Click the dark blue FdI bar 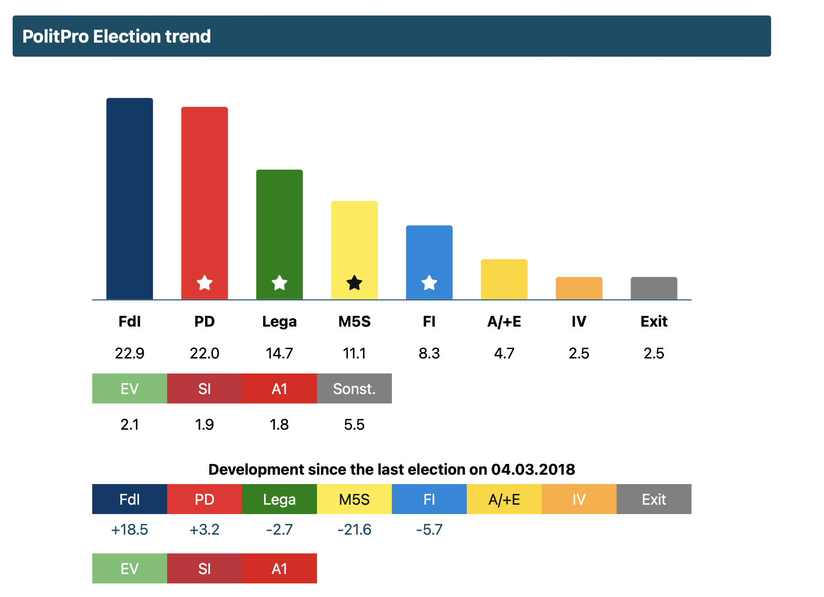pos(130,199)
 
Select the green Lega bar pos(280,234)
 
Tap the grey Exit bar pos(654,288)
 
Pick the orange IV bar pos(579,288)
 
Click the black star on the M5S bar pos(354,283)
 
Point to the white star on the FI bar pos(429,283)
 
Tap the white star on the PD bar pos(205,283)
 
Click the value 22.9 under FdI pos(130,353)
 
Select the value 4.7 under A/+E pos(504,353)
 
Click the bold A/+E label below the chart pos(504,321)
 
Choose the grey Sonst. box pos(354,388)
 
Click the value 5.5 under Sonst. pos(354,425)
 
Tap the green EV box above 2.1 pos(130,388)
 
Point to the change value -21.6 pos(354,530)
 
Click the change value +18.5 pos(130,530)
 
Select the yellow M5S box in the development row pos(354,499)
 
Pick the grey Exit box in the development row pos(654,499)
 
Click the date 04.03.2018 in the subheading pos(533,469)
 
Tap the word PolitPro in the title pos(56,37)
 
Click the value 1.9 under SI pos(205,425)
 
